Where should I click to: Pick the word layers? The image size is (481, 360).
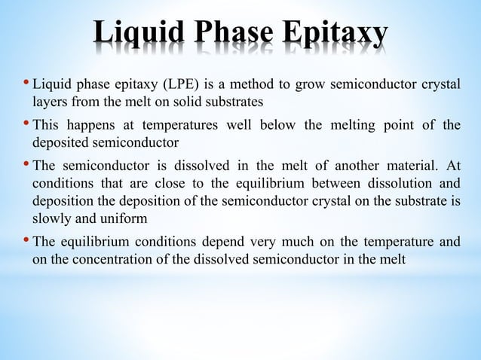pyautogui.click(x=50, y=100)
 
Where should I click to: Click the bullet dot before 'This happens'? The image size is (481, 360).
pyautogui.click(x=26, y=124)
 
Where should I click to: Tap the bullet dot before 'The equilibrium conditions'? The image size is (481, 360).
pyautogui.click(x=26, y=241)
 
